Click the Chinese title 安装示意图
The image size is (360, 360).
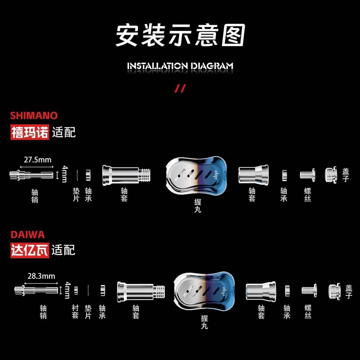[180, 36]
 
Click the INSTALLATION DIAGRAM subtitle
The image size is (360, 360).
[180, 66]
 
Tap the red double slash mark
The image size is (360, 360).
[180, 88]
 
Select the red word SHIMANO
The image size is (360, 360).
[34, 115]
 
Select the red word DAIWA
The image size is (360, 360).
[27, 235]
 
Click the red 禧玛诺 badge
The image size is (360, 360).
[30, 132]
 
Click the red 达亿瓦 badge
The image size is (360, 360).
[30, 250]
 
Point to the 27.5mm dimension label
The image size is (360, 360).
[37, 160]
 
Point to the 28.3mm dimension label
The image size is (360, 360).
[41, 276]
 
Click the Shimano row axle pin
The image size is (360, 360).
[32, 174]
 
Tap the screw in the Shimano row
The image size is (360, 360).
[307, 174]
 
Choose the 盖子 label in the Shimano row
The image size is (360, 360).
[346, 175]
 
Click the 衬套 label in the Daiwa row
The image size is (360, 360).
[75, 312]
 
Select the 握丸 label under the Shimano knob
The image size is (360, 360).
[198, 206]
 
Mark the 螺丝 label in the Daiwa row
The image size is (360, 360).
[308, 312]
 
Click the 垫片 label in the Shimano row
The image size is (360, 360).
[76, 195]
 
